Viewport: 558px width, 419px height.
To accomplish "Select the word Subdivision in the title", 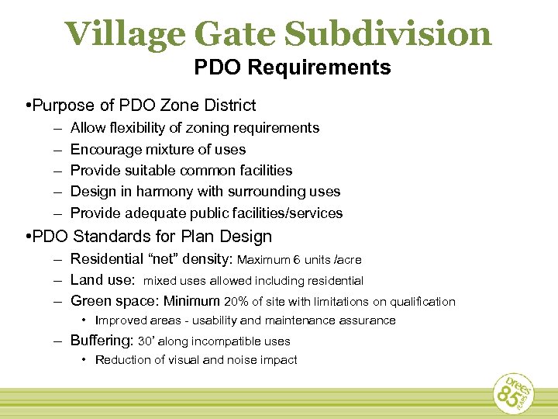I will pos(387,33).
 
